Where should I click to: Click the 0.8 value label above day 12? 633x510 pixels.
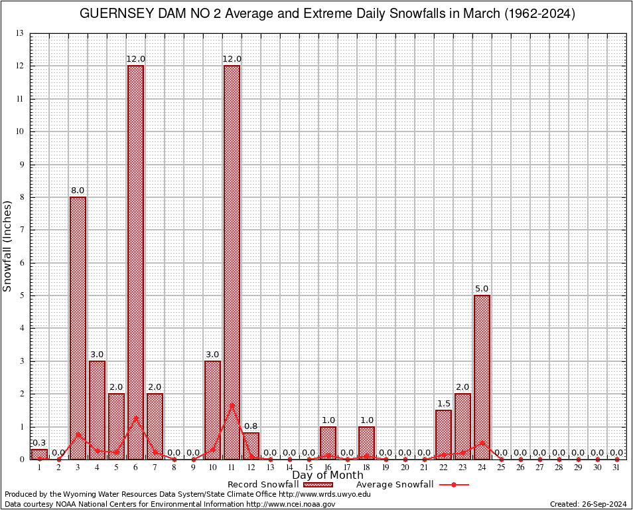pos(251,426)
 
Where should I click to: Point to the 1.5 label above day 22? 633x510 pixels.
pos(443,404)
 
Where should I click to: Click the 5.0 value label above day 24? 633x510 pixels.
pos(482,289)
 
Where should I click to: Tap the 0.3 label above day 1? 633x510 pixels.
pos(39,443)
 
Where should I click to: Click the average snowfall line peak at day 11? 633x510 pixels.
pos(232,405)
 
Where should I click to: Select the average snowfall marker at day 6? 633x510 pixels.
pos(135,418)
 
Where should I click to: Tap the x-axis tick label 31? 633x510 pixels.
pos(616,467)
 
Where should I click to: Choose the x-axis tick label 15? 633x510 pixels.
pos(309,467)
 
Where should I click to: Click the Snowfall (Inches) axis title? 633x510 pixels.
pos(8,246)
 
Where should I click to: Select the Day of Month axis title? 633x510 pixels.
pos(327,475)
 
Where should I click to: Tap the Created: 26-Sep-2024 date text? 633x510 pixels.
pos(589,505)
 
